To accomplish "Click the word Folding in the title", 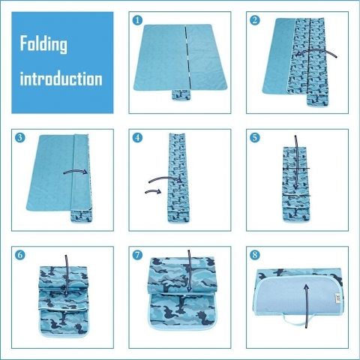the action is [43, 44].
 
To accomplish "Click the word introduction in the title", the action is [61, 79].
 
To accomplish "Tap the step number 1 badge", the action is [137, 20].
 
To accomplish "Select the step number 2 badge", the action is [255, 20].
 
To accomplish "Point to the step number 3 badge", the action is [20, 137].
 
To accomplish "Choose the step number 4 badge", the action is [137, 137].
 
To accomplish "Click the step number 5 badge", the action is [255, 137].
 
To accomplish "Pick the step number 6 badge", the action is [20, 255].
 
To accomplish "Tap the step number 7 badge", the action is [137, 255].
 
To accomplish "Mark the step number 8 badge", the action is [255, 255].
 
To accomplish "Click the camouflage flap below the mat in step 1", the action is [181, 95].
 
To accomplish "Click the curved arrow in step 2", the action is [316, 51].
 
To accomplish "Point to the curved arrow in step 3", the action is [76, 172].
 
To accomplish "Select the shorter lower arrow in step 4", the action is [153, 192].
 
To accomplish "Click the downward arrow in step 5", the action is [295, 163].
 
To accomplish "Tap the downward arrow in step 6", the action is [66, 276].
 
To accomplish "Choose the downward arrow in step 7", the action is [189, 271].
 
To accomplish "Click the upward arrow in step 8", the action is [307, 306].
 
